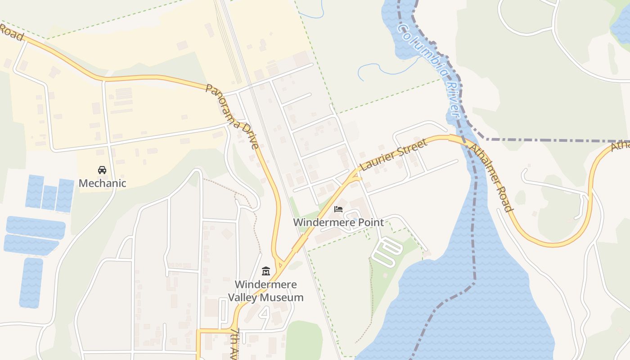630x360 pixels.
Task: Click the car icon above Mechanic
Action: point(102,170)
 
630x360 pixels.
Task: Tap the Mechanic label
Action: point(102,183)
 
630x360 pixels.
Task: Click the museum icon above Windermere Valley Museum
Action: point(265,271)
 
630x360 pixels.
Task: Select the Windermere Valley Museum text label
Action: point(265,291)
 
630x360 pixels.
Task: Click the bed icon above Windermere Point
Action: point(338,209)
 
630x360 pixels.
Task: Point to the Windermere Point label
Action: point(338,222)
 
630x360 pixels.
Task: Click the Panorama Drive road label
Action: point(232,116)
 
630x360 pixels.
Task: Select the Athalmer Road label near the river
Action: point(490,177)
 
